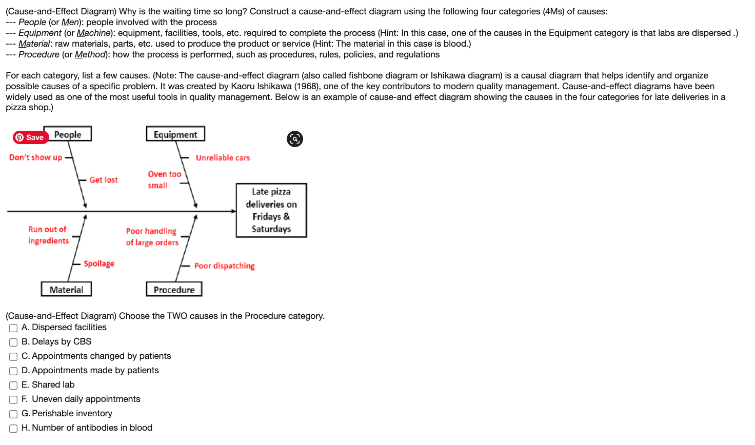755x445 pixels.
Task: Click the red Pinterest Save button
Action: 30,137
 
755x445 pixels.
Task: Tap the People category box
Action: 68,134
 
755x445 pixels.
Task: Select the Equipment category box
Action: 175,134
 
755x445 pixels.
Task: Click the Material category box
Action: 66,290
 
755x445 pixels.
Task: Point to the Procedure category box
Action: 174,290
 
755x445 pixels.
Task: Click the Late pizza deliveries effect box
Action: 271,210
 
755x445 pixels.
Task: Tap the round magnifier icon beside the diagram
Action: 295,139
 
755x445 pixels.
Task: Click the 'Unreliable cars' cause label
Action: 223,158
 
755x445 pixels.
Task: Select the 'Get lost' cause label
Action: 104,180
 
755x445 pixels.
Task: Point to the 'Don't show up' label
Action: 35,157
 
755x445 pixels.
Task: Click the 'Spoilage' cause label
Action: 99,264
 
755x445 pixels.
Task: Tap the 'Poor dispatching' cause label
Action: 224,266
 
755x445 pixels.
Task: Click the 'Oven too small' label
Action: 164,180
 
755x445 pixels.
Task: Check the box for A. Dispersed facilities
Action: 13,328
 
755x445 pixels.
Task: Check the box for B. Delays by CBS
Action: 13,342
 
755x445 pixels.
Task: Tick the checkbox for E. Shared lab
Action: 13,386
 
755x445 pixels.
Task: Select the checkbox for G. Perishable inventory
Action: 13,414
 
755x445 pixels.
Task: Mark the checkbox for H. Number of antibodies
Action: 13,429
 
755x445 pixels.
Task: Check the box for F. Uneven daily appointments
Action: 13,400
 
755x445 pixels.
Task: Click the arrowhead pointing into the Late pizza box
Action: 233,211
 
